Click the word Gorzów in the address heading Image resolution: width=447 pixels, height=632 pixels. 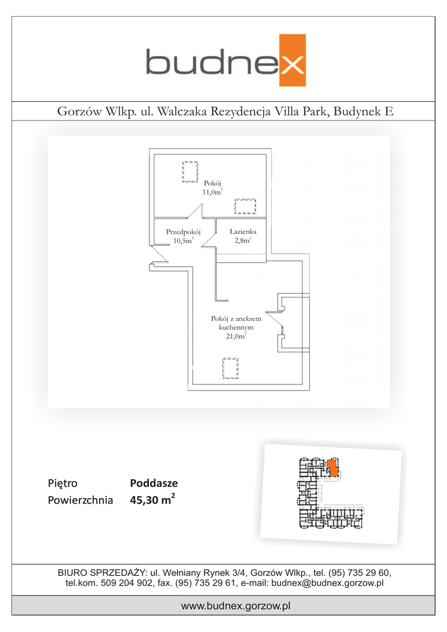[77, 112]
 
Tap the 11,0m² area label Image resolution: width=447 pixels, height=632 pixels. [212, 193]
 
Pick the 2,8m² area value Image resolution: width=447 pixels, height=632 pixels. [242, 241]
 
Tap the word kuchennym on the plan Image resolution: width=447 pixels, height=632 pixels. [236, 328]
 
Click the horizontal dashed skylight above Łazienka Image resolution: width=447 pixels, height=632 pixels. [246, 206]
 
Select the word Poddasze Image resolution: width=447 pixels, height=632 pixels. [154, 484]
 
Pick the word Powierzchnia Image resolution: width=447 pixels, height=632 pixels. [80, 501]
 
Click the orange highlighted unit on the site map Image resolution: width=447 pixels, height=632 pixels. [332, 467]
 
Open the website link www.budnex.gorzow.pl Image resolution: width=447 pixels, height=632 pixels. [236, 606]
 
